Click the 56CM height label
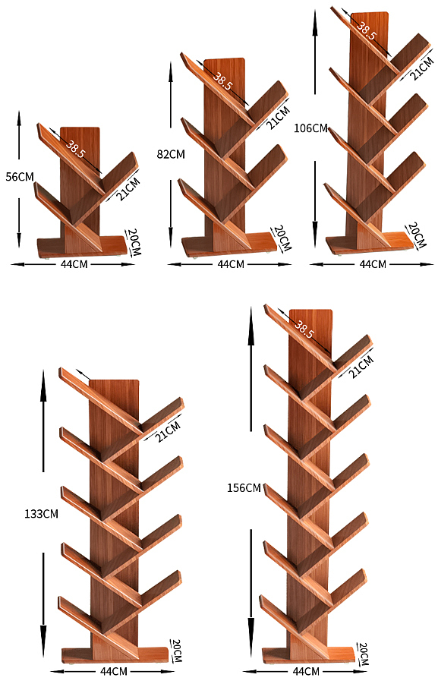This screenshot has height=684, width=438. point(20,177)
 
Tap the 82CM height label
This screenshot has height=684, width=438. point(171,154)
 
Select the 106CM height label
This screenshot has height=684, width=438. point(310,128)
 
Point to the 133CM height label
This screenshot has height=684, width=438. point(41,514)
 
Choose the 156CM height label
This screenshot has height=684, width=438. point(244,487)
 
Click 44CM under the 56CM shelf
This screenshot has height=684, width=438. point(74,264)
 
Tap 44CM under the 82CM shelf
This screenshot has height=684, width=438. point(231,264)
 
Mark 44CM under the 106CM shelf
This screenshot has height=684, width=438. point(373,264)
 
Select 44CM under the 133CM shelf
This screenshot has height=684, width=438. point(114,671)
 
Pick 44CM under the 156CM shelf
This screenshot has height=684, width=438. point(306,671)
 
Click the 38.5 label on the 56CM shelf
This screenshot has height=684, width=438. point(75,148)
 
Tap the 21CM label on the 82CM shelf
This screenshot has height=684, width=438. point(278,118)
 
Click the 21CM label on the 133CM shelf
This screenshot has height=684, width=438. point(169,432)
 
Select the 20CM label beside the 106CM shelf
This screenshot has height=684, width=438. point(418,235)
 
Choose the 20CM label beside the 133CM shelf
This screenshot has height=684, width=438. point(176,651)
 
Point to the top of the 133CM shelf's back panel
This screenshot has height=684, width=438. point(114,381)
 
